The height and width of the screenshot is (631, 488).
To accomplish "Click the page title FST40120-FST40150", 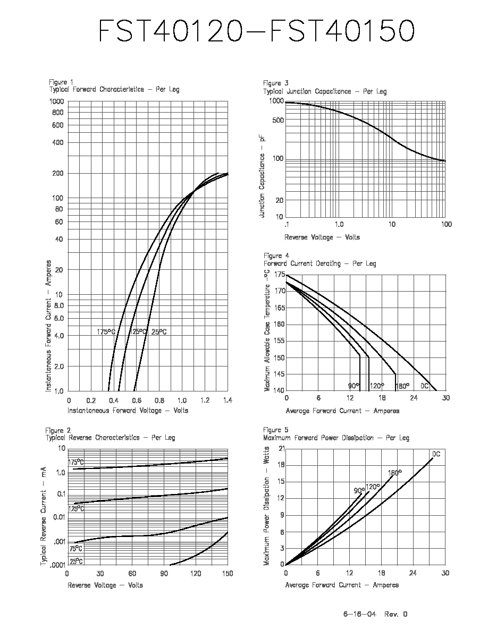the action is pos(256,31).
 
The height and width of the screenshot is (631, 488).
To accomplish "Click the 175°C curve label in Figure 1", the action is pos(106,332).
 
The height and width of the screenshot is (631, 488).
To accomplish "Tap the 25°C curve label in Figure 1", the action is pos(159,332).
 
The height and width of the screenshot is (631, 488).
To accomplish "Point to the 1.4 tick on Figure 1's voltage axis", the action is pos(228,400).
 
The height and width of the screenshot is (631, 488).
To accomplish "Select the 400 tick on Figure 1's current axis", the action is pos(57,142).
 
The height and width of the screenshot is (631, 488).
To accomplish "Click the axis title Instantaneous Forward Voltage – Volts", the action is pos(128,411).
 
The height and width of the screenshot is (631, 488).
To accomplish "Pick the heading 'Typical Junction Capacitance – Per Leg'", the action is pos(325,91).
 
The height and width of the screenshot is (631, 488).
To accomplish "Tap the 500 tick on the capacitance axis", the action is pos(278,121).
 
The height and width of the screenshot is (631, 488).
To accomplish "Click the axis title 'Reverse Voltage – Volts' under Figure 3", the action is pos(322,237).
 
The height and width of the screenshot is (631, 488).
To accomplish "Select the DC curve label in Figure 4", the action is pos(425,386).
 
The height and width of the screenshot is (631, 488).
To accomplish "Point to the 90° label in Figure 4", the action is pos(354,386).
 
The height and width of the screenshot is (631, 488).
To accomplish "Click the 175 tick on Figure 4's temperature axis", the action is pos(280,275).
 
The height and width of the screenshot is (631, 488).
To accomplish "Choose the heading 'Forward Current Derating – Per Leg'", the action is pos(320,263).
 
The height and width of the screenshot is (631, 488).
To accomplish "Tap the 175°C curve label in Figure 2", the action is pos(75,462).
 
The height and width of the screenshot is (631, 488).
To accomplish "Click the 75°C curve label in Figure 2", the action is pos(75,548).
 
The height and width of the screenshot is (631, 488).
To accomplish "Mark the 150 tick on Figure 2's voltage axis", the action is pos(228,574).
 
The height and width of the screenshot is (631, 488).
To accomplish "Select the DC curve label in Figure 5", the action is pos(436,454).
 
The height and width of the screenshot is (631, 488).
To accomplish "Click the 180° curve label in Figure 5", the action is pos(394,473).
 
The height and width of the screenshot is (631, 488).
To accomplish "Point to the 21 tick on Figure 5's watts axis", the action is pos(281,448).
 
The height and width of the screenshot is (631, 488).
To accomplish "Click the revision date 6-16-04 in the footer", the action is pos(359,614).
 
